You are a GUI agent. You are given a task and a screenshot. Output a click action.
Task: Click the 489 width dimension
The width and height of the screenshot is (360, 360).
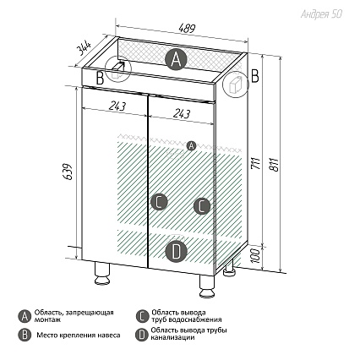[x=187, y=28]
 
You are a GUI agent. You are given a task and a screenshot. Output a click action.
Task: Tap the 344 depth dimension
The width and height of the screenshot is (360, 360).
[x=84, y=49]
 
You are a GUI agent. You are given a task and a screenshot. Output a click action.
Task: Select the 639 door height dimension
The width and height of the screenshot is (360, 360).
[x=68, y=172]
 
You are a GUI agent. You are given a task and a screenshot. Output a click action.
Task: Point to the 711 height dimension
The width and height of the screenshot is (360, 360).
[x=255, y=164]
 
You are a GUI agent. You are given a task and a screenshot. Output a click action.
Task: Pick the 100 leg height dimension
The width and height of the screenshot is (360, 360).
[x=255, y=255]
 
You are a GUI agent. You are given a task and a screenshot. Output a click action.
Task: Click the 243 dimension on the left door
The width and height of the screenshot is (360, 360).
[x=117, y=106]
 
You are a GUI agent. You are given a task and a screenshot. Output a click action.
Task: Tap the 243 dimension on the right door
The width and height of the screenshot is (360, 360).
[x=182, y=113]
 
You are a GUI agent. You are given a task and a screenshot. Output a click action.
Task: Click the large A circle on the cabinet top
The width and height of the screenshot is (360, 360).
[x=176, y=59]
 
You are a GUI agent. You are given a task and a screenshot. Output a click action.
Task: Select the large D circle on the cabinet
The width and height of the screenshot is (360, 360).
[x=176, y=252]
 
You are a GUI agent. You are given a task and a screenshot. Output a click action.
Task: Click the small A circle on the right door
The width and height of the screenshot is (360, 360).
[x=191, y=145]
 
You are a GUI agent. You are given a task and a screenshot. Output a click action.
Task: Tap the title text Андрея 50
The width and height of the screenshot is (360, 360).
[x=321, y=14]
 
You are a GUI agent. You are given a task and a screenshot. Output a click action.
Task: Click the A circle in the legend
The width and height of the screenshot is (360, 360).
[x=25, y=316]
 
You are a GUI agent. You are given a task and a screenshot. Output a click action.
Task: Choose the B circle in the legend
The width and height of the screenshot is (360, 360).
[x=25, y=335]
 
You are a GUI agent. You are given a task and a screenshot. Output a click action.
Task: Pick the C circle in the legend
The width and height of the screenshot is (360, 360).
[x=142, y=316]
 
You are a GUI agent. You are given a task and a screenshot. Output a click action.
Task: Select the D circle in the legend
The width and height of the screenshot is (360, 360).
[x=142, y=335]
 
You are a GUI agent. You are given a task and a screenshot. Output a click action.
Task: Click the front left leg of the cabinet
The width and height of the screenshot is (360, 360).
[x=102, y=273]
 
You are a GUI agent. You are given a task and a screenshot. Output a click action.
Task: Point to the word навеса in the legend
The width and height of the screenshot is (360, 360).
[x=109, y=335]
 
